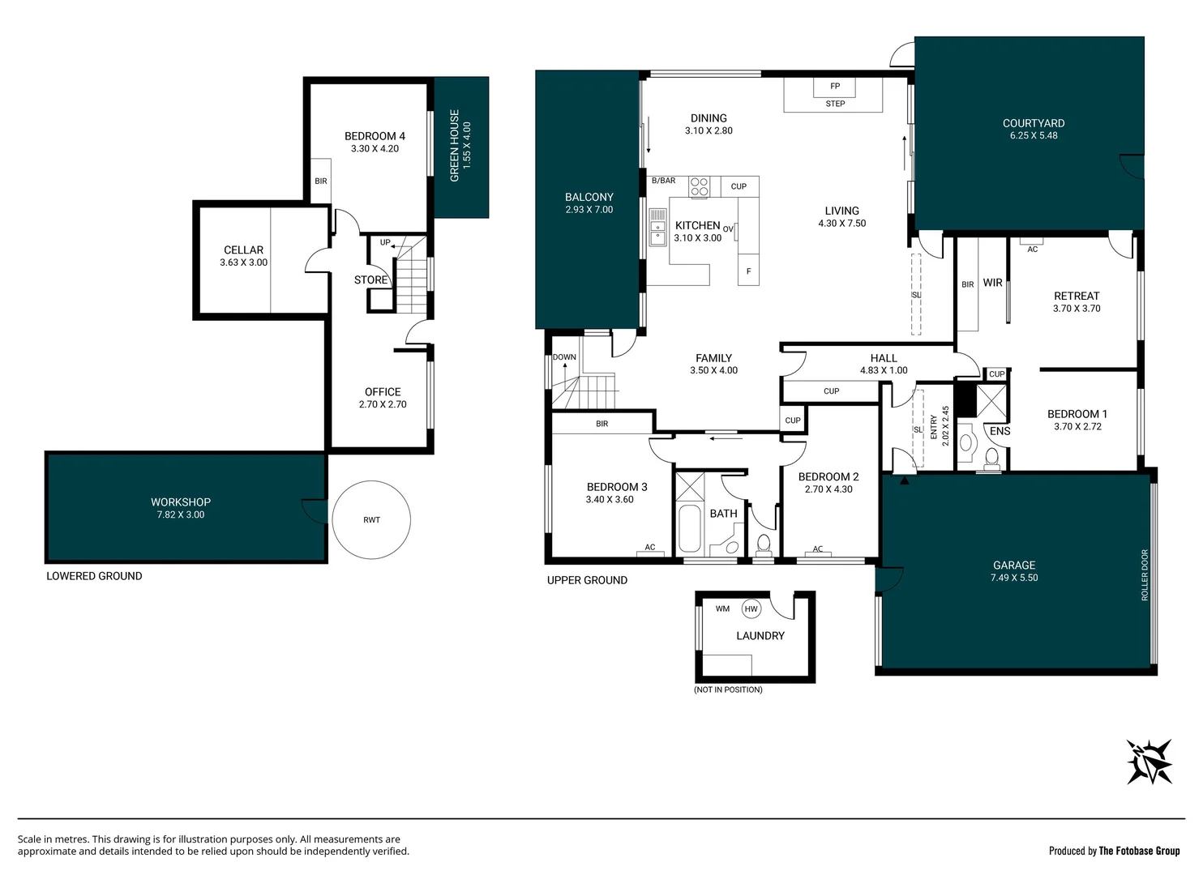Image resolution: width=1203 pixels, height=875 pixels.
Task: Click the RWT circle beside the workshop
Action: (371, 519)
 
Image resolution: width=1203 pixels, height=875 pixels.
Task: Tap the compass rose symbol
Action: (1149, 761)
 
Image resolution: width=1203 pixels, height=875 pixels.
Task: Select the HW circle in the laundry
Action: (751, 609)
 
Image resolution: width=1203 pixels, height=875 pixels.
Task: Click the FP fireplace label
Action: (835, 86)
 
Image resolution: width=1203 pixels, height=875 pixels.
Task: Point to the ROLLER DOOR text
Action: (1145, 575)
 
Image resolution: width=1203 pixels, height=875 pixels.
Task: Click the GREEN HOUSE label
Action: (455, 146)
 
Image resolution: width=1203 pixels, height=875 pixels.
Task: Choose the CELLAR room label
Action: (243, 250)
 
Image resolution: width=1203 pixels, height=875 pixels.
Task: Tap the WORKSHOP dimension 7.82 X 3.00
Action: (181, 514)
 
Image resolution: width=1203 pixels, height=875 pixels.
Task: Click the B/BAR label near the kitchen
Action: (663, 181)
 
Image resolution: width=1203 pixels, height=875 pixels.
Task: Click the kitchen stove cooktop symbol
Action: (699, 186)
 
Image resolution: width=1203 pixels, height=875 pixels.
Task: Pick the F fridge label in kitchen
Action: (748, 271)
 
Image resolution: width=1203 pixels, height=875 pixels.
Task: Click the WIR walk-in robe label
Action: (992, 283)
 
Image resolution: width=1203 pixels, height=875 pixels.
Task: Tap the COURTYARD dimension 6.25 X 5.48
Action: (1034, 135)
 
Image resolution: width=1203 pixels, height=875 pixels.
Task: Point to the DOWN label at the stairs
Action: (564, 357)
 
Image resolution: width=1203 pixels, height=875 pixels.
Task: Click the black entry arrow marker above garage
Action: (904, 480)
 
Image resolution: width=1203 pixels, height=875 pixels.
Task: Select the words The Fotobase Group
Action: (1139, 851)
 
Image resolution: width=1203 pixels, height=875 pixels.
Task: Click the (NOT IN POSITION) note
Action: (728, 689)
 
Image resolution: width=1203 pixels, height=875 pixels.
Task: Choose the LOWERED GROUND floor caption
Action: (94, 576)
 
